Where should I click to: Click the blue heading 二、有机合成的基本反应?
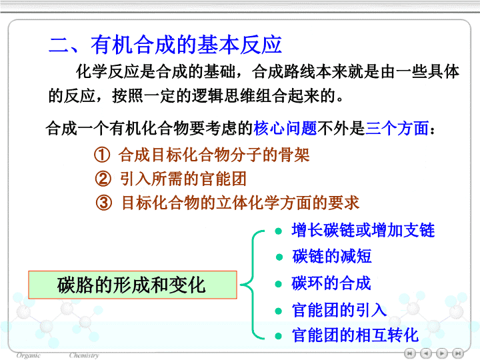click(x=165, y=45)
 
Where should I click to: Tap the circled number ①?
click(x=102, y=155)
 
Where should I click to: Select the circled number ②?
click(x=103, y=179)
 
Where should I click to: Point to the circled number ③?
click(x=104, y=203)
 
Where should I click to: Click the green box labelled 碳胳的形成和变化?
click(x=133, y=285)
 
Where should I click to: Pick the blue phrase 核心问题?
click(x=285, y=128)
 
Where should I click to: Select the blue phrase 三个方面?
click(x=397, y=128)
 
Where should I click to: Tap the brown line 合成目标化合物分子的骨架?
click(x=214, y=155)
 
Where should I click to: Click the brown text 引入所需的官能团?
click(x=183, y=179)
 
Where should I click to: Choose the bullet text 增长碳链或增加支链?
click(x=363, y=230)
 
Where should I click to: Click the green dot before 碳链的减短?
click(x=279, y=257)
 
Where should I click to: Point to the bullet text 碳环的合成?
click(x=331, y=283)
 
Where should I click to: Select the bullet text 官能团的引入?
click(x=339, y=310)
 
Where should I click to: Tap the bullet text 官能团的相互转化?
click(x=355, y=335)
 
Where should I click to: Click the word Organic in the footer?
click(x=28, y=355)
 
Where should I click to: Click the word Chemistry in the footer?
click(x=84, y=355)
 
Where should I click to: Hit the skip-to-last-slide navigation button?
click(x=458, y=353)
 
